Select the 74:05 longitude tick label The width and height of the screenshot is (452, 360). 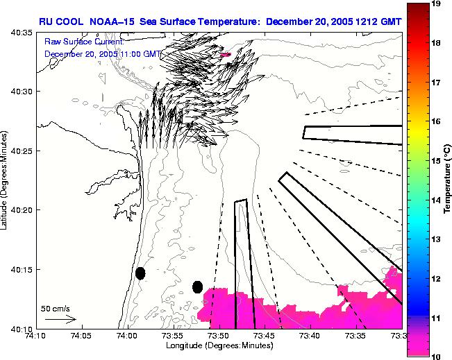81,336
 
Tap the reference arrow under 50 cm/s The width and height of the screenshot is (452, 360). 60,319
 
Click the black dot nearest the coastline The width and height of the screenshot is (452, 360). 140,273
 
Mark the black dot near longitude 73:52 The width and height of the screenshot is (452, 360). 197,286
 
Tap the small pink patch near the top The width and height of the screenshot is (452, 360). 224,53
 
